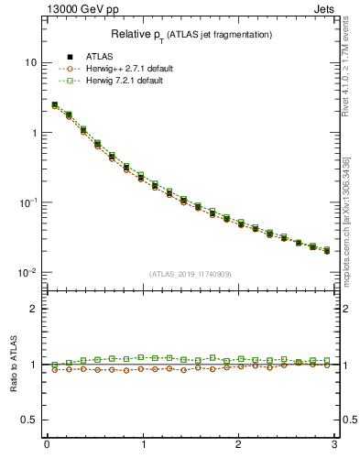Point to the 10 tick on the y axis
(30, 62)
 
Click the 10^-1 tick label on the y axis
(28, 202)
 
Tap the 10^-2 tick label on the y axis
(28, 273)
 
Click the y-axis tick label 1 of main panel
(34, 133)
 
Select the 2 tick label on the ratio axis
(34, 309)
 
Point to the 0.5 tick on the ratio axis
(30, 420)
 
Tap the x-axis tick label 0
(47, 444)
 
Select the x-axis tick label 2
(238, 444)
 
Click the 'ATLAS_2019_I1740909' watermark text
(191, 274)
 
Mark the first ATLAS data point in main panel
(54, 105)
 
